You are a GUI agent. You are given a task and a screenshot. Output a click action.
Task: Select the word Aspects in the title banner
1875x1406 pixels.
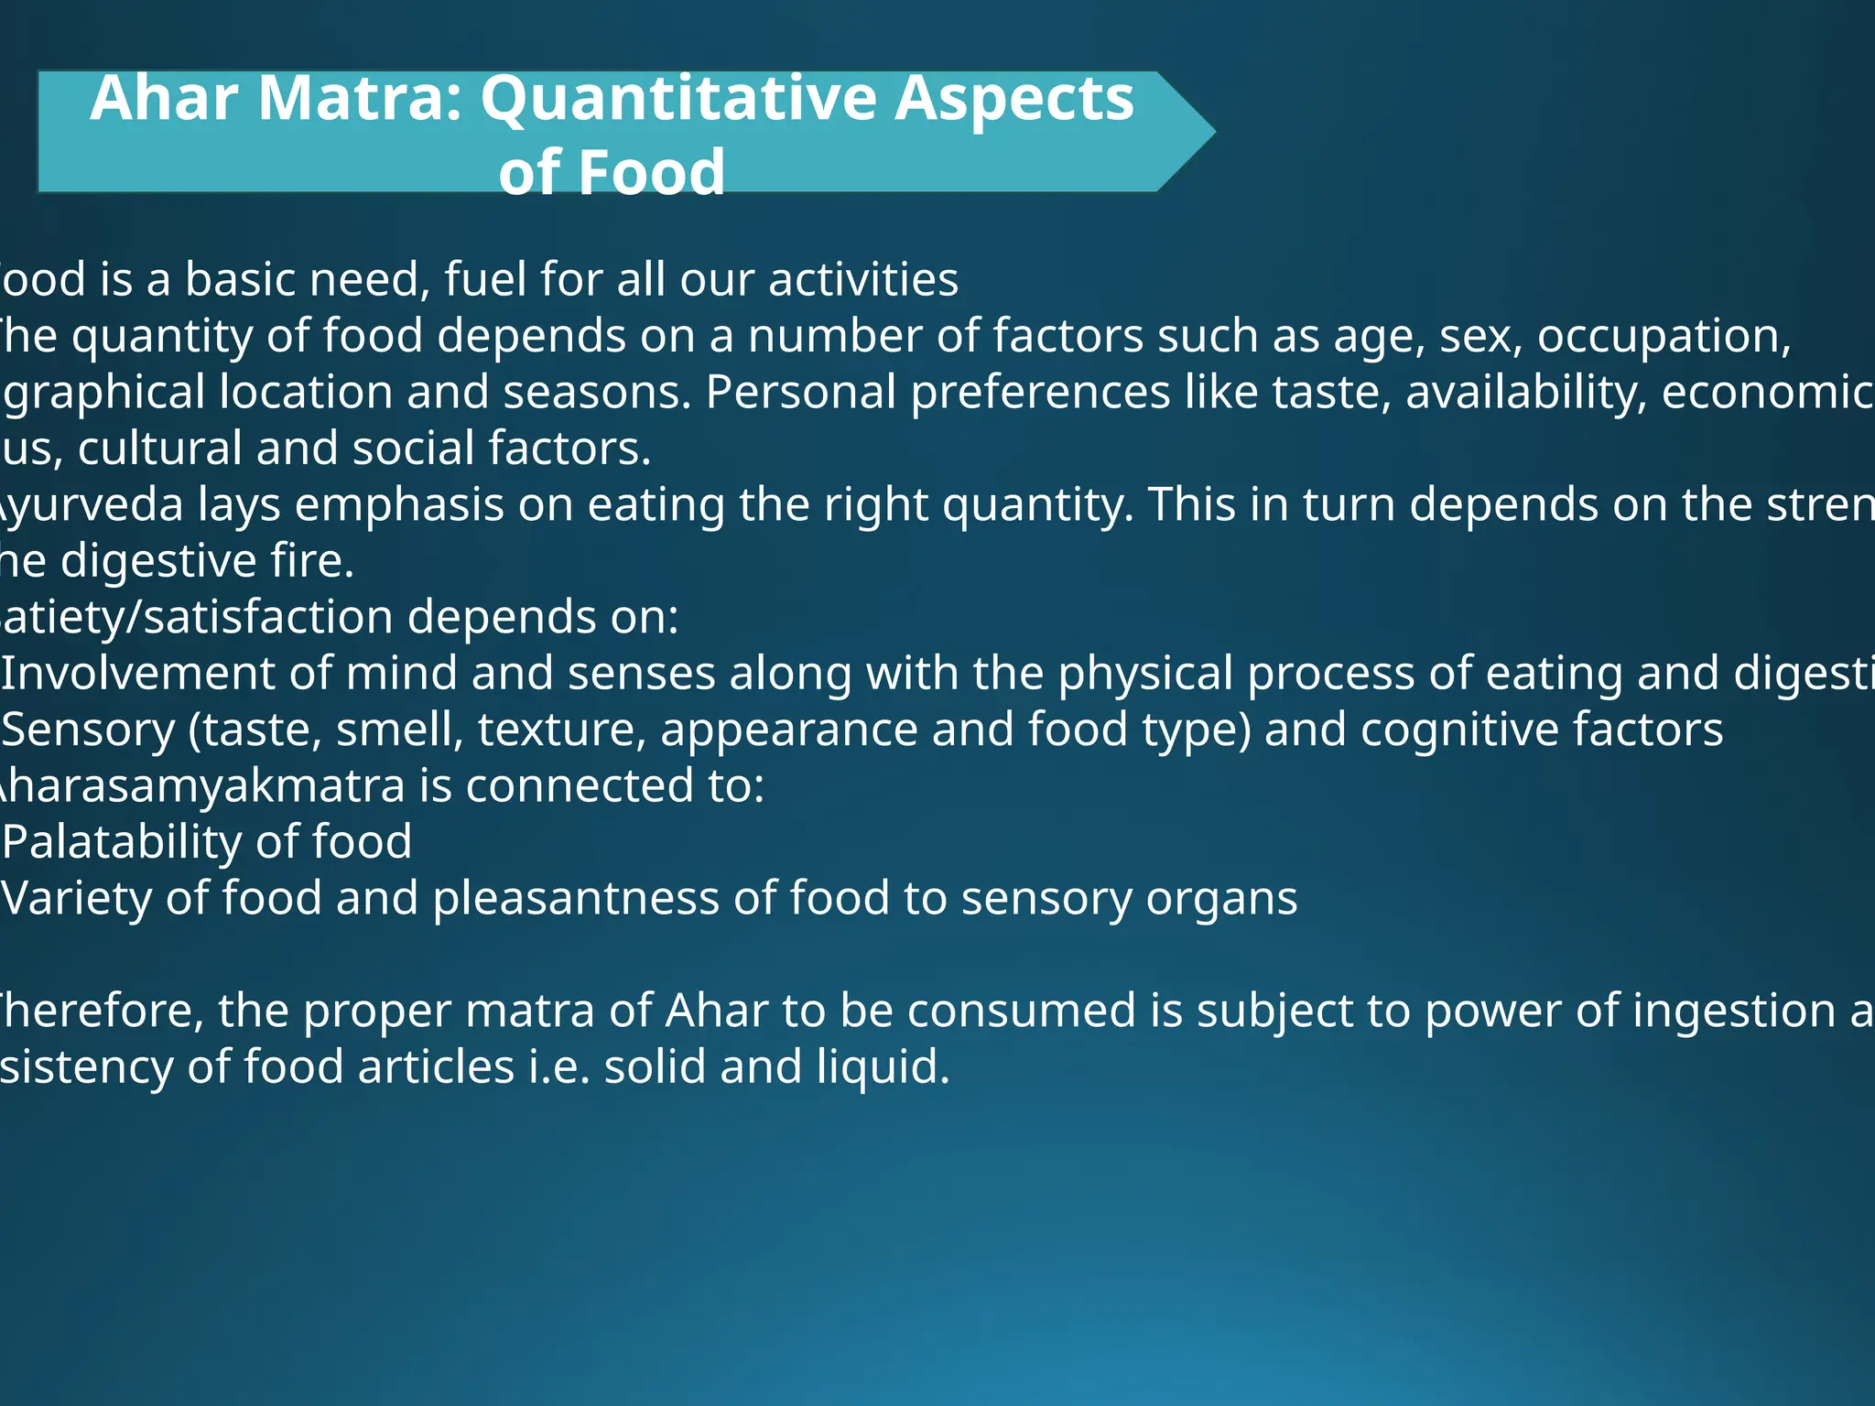1013,99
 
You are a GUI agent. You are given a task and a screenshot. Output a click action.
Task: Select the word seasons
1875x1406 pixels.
596,392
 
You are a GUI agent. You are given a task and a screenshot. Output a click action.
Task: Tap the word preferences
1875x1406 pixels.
1040,392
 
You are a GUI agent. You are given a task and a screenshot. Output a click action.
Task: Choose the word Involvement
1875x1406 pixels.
137,674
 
